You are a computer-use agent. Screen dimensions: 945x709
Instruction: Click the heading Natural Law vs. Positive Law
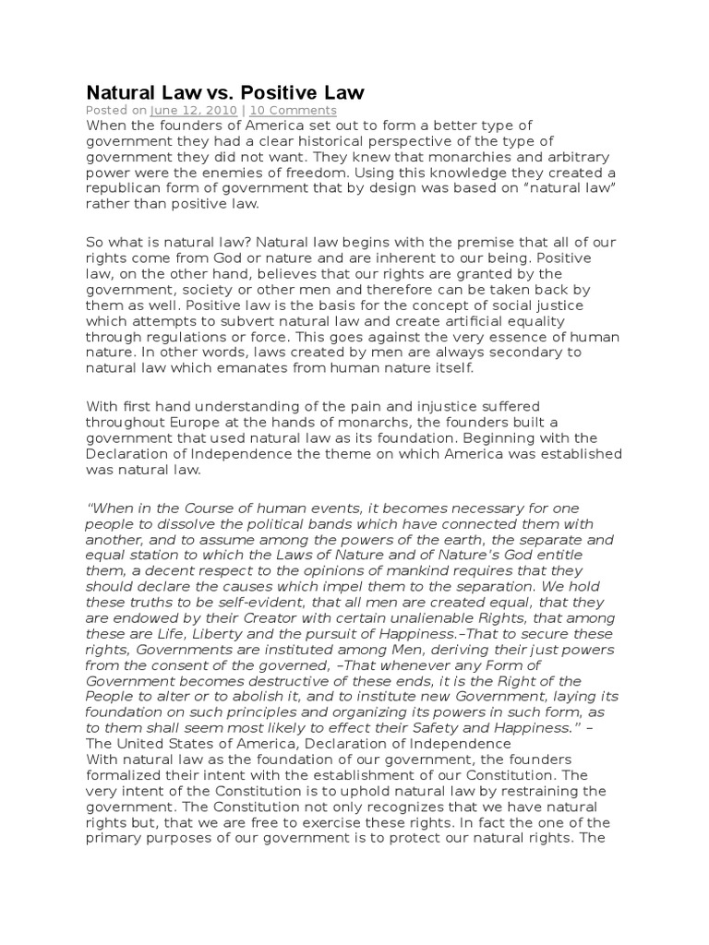click(225, 92)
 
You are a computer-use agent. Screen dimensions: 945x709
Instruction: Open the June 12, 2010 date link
click(175, 111)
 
